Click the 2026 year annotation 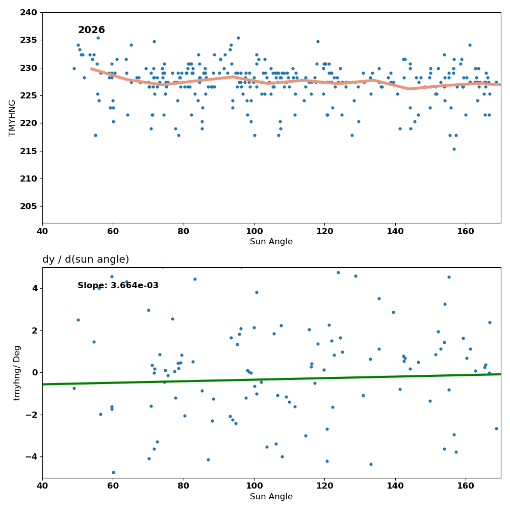[x=91, y=30]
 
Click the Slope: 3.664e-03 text [x=118, y=285]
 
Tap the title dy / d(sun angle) [x=86, y=259]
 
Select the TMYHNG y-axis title [x=12, y=118]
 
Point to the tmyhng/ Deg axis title [x=17, y=373]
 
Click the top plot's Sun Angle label [x=271, y=241]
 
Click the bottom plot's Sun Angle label [x=271, y=496]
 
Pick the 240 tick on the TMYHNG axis [x=29, y=12]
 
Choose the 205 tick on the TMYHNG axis [x=29, y=206]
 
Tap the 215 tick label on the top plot [x=29, y=151]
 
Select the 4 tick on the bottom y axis [x=35, y=289]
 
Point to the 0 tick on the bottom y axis [x=35, y=373]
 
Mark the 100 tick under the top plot [x=254, y=231]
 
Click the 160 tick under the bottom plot [x=466, y=486]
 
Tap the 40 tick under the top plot [x=43, y=231]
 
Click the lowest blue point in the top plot [x=454, y=149]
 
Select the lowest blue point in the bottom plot [x=114, y=473]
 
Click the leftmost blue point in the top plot [x=74, y=69]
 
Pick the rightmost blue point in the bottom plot [x=496, y=429]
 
